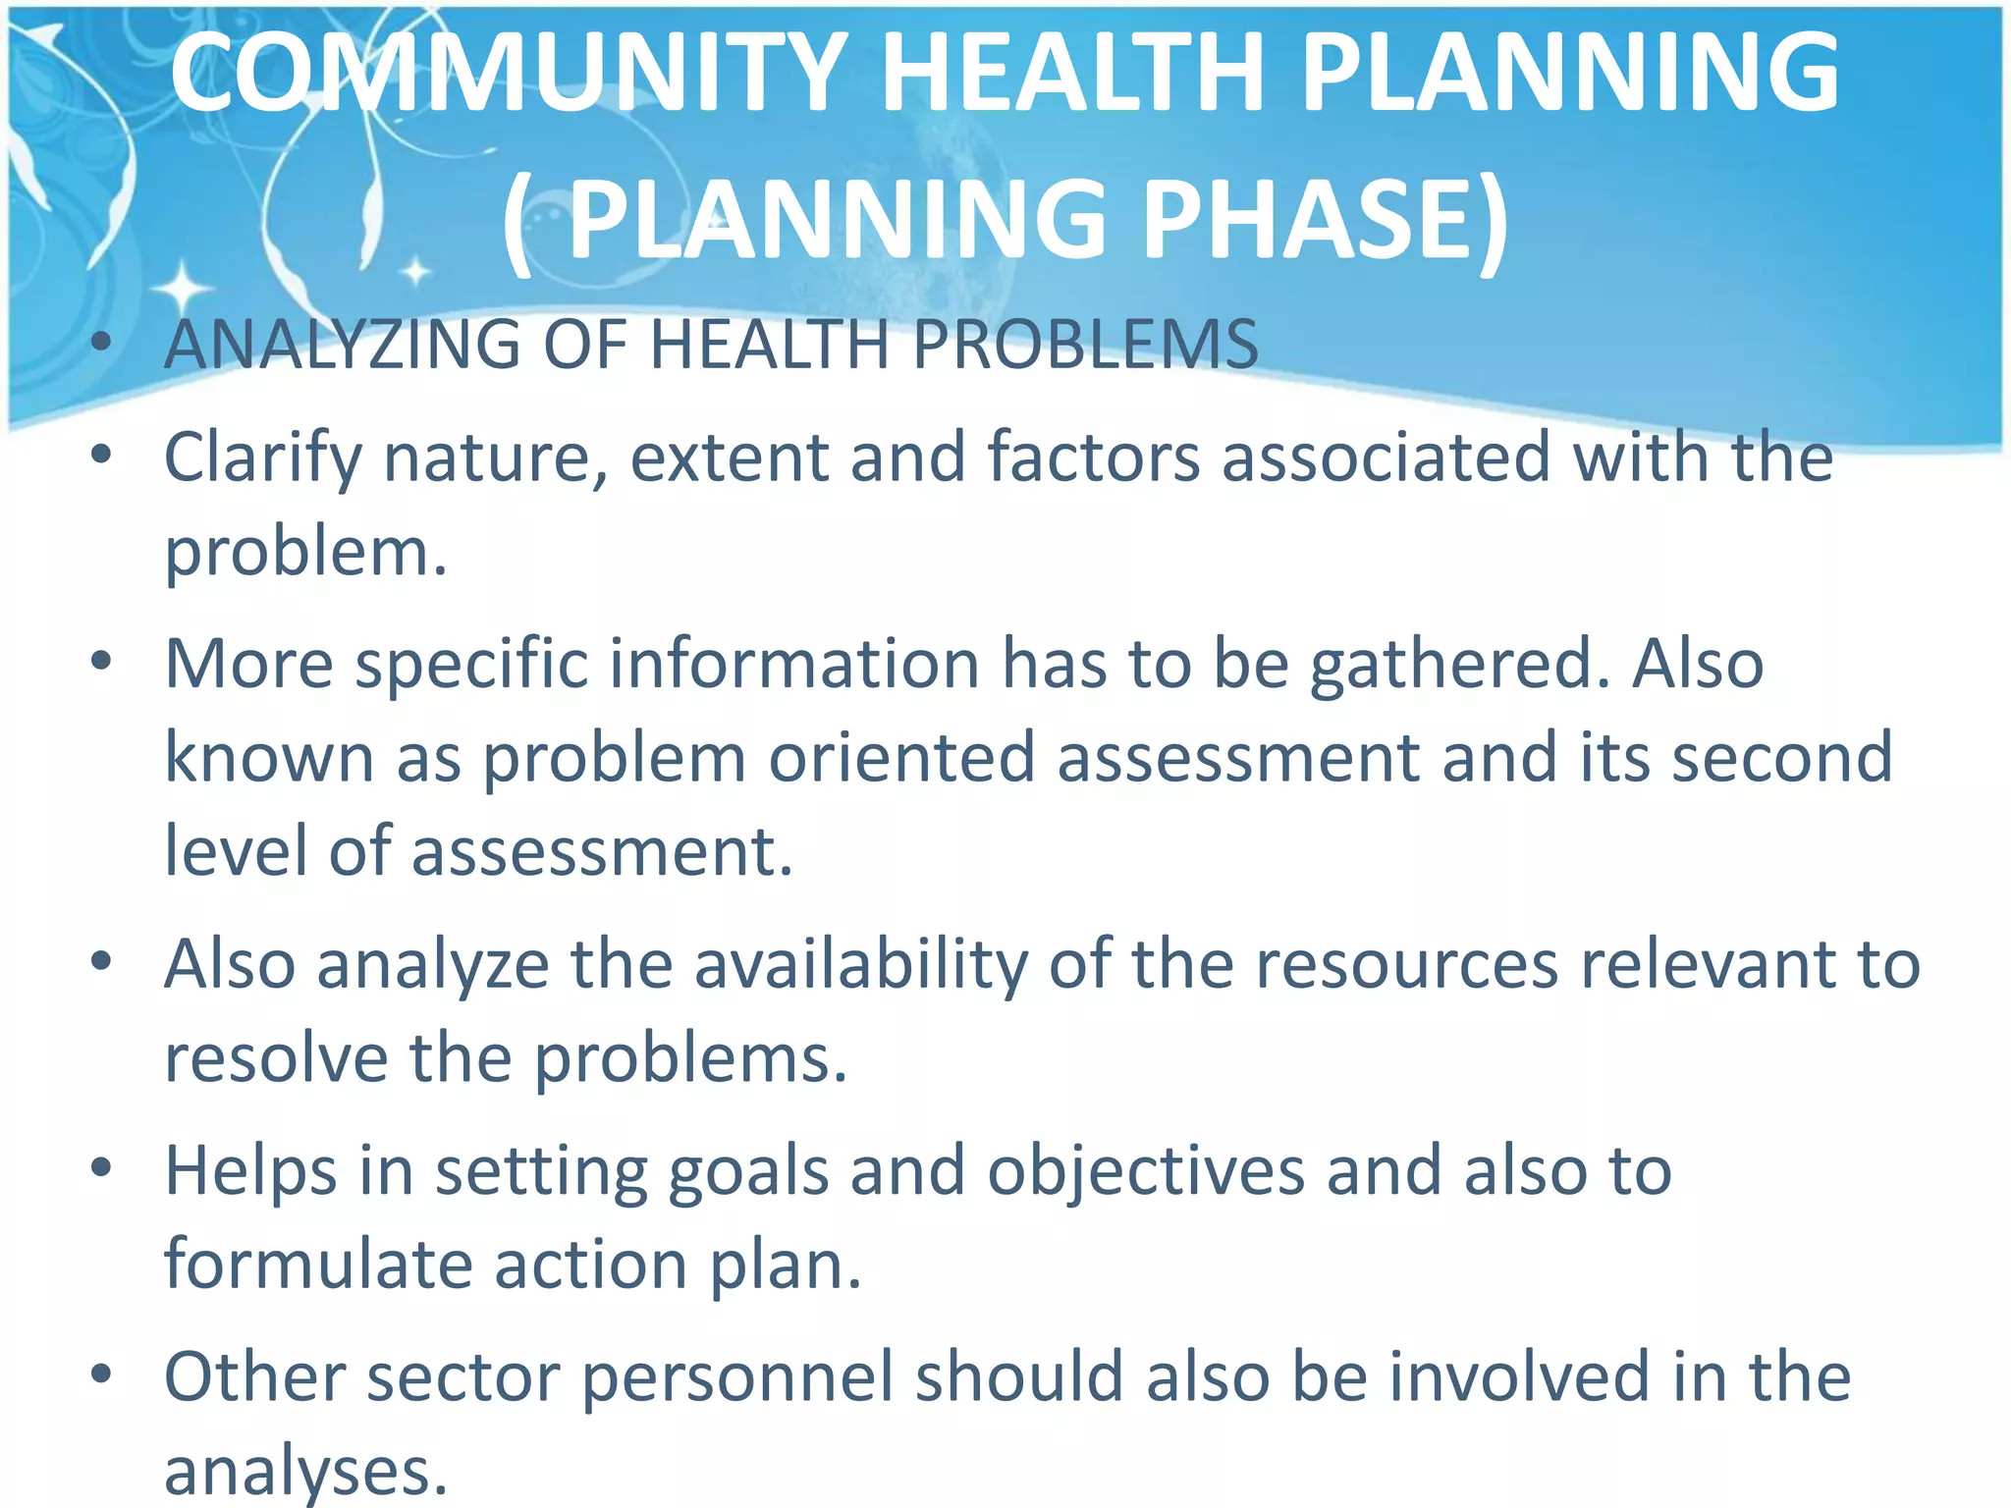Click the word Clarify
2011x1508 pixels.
pos(262,459)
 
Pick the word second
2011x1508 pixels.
pos(1781,759)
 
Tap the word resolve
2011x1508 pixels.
pos(276,1060)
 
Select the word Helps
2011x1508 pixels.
pos(250,1172)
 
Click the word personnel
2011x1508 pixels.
pos(737,1379)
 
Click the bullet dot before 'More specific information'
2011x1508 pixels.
pos(101,661)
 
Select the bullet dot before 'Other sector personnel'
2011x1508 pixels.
pos(101,1374)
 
